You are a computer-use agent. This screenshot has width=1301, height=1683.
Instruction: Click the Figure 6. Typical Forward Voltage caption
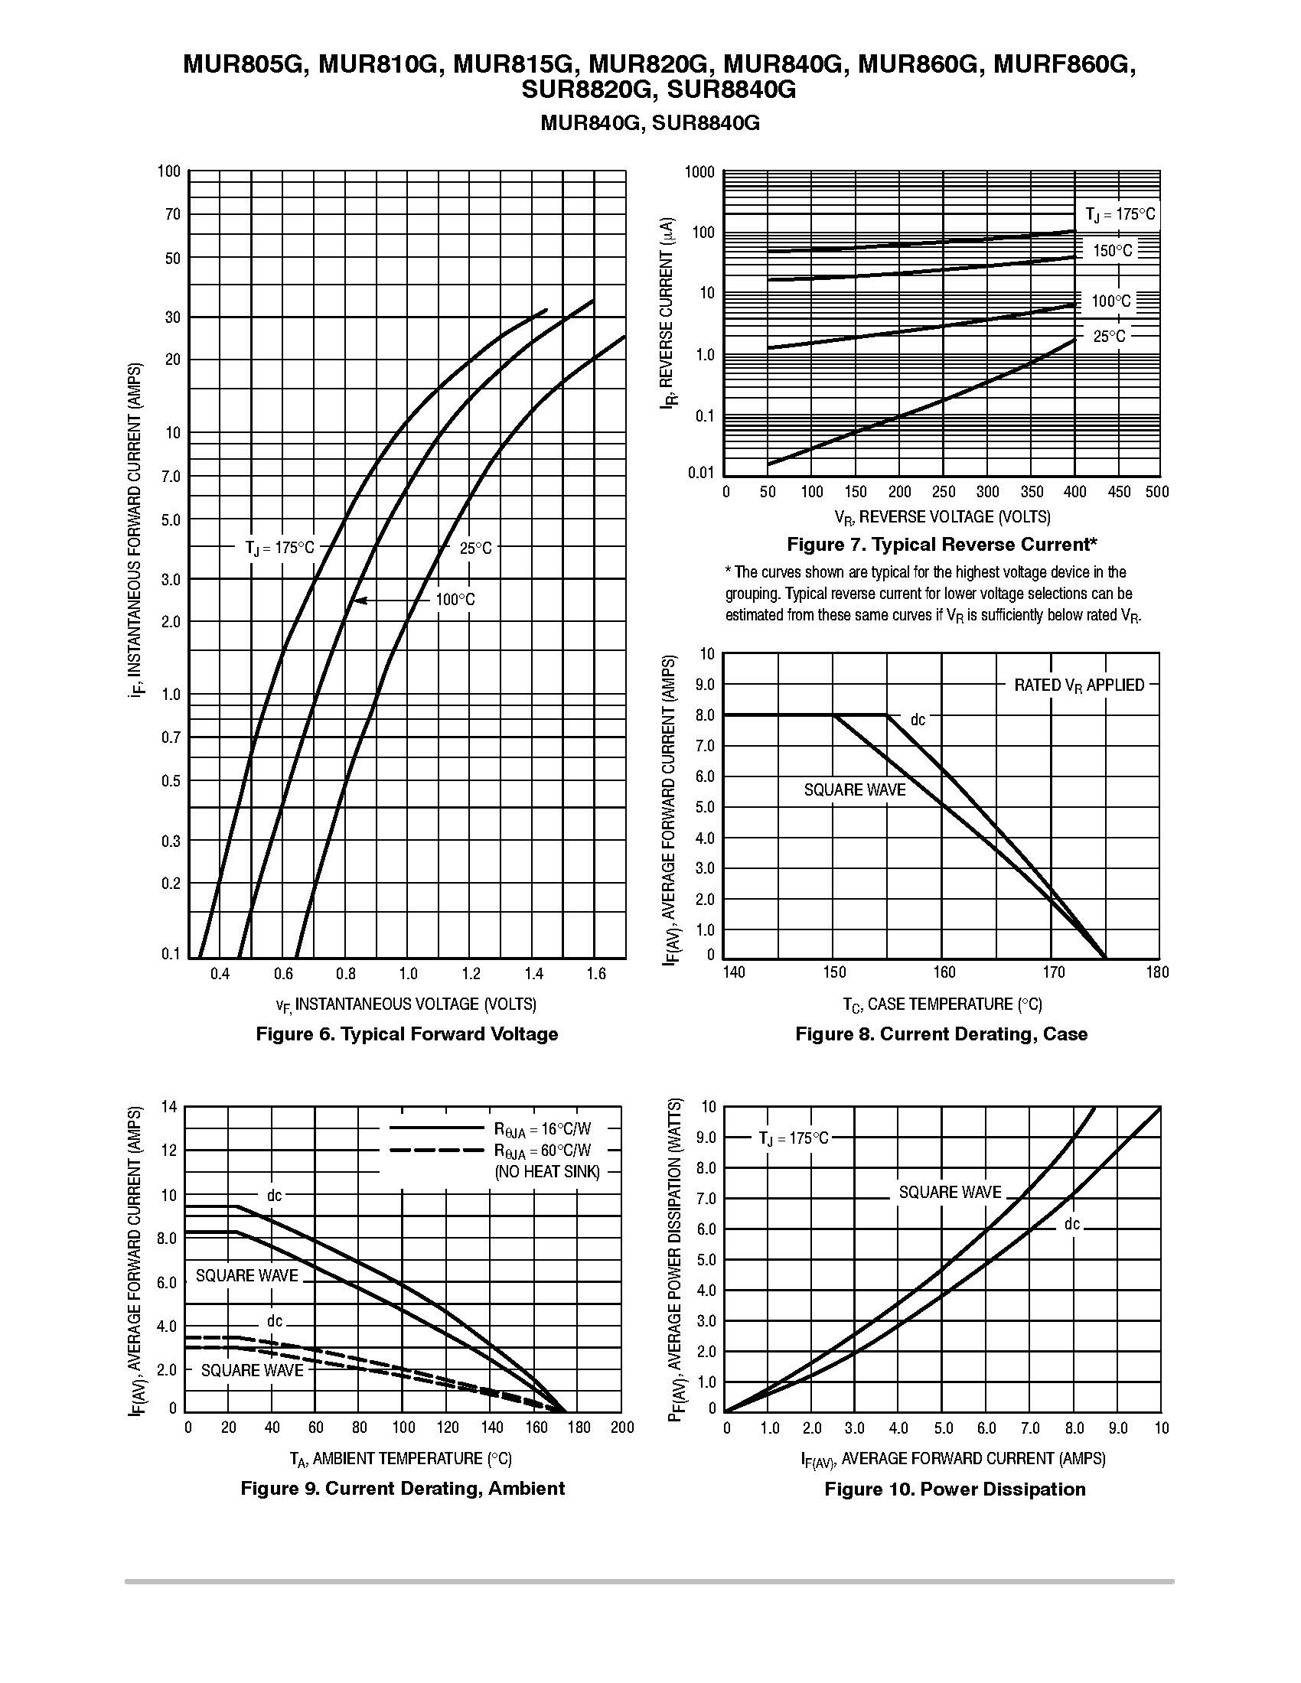(406, 1034)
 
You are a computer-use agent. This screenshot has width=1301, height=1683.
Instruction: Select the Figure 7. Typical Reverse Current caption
(942, 545)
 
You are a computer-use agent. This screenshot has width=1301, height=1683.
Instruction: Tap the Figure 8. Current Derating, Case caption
(941, 1034)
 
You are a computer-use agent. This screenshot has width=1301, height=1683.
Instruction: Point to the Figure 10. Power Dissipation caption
(955, 1489)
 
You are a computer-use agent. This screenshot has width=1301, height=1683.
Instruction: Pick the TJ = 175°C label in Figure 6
(280, 548)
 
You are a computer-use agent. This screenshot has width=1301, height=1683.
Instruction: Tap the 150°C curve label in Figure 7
(1113, 250)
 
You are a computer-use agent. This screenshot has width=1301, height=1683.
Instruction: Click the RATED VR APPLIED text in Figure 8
(1079, 685)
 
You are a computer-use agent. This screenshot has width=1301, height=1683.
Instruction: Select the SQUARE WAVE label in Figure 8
(855, 790)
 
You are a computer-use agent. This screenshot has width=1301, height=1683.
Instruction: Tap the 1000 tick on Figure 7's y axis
(699, 172)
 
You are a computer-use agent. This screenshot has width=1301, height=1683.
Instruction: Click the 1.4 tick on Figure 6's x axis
(533, 974)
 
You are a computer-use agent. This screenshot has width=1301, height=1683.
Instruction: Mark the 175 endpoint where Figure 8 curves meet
(1105, 958)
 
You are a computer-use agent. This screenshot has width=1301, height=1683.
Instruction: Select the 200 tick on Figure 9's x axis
(621, 1428)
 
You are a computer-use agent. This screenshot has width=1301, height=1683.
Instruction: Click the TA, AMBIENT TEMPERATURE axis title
(400, 1459)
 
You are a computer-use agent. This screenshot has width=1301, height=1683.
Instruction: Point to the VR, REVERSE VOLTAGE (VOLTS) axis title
(942, 516)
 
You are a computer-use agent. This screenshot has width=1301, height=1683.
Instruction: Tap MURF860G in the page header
(1065, 65)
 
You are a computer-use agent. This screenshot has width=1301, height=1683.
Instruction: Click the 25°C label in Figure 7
(1109, 336)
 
